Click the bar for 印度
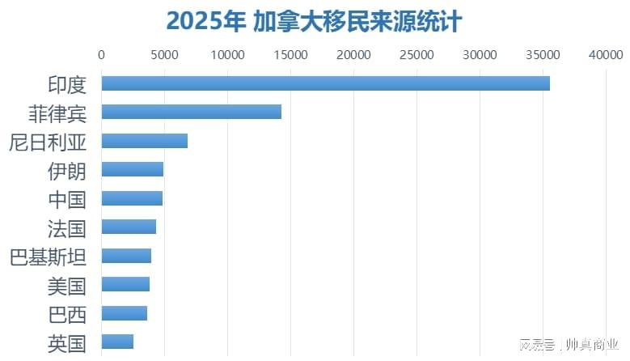325,83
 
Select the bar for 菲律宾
191,112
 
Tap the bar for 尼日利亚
144,141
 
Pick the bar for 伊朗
132,169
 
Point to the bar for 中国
132,198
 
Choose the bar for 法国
129,227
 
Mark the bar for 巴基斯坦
126,256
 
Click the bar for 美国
125,284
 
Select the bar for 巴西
124,313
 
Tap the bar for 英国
117,342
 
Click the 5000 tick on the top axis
164,55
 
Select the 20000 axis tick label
353,55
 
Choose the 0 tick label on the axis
101,55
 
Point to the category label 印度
67,84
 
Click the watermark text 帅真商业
592,345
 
